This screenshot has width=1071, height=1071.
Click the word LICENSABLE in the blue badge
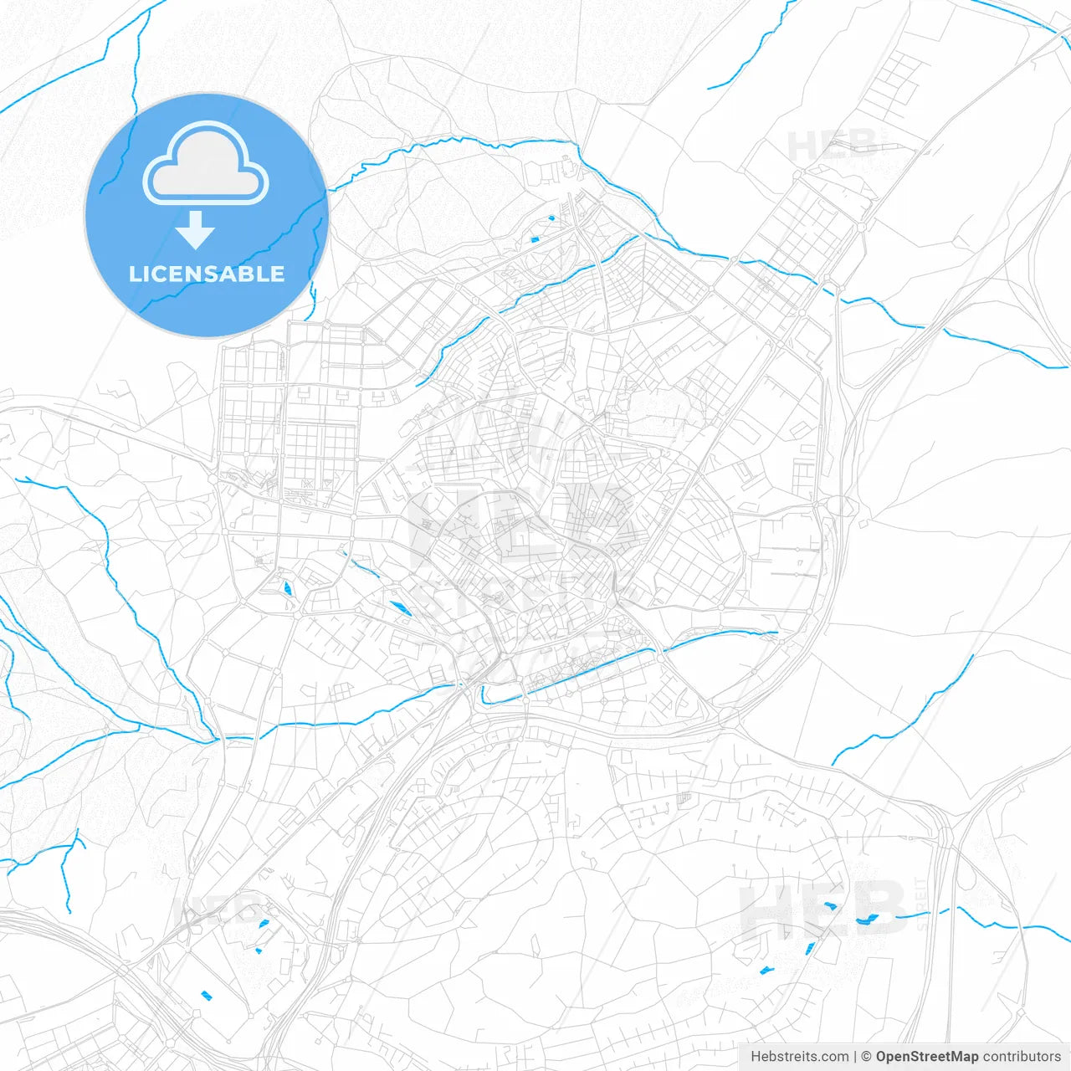206,274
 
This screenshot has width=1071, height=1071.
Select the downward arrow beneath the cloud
196,230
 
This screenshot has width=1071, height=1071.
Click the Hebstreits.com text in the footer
799,1057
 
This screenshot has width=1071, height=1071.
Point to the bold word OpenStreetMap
927,1057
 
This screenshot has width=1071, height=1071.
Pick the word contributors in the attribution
1022,1057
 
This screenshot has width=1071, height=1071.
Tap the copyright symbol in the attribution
867,1057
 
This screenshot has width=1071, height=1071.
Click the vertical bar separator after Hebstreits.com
855,1057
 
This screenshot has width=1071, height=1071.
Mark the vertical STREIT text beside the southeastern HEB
921,904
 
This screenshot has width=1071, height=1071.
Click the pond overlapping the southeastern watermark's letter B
866,920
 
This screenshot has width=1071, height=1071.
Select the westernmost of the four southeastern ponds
766,970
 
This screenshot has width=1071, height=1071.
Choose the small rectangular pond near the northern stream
535,240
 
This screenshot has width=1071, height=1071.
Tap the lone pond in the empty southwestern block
207,995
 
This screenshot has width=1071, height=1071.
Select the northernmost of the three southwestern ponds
264,924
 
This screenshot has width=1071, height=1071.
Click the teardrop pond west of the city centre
288,587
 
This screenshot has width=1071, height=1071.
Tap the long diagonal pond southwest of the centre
400,608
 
